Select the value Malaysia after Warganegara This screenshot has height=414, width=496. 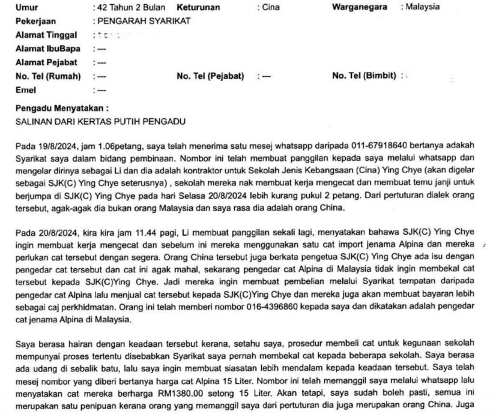tap(422, 8)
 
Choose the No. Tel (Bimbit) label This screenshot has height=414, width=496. tap(364, 76)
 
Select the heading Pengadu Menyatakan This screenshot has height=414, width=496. tap(61, 110)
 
